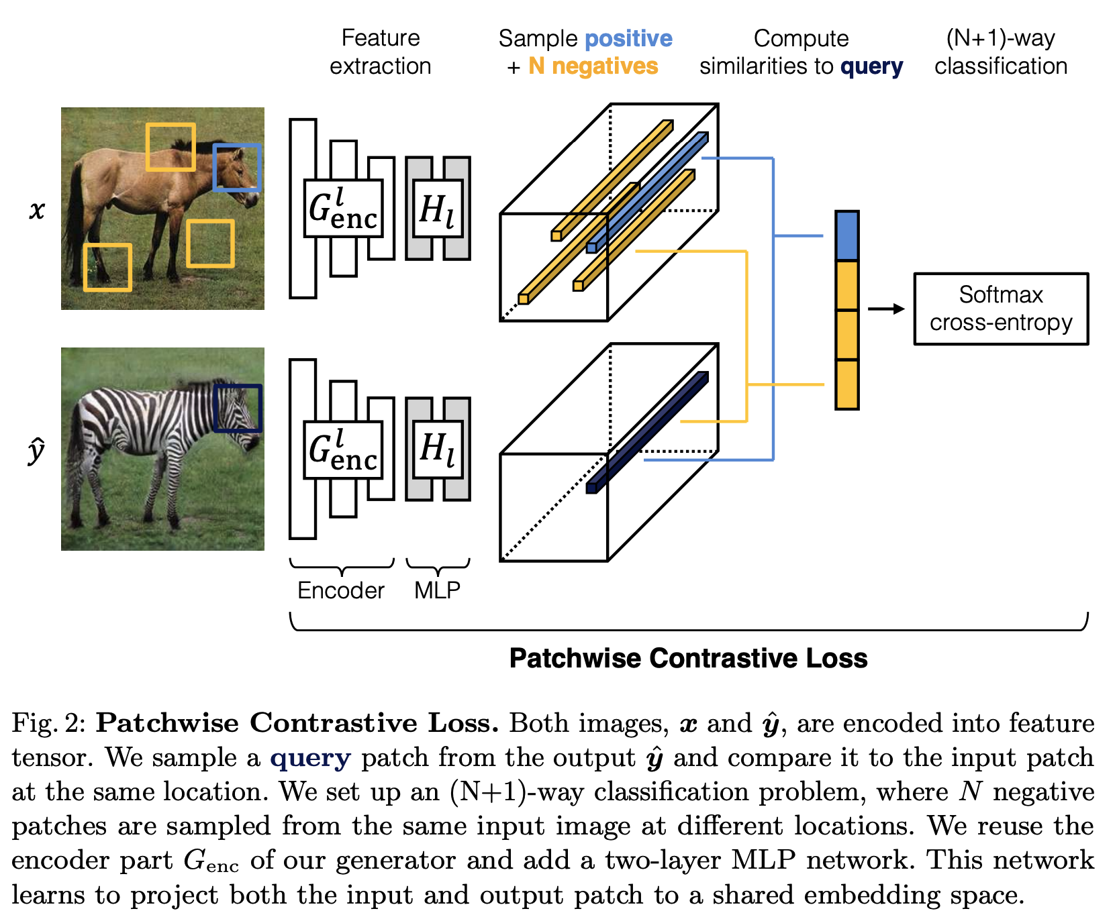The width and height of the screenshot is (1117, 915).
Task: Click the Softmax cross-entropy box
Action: (x=1000, y=309)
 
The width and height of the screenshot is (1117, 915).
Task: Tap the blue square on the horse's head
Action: (x=237, y=168)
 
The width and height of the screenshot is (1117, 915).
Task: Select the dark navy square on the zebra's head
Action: (x=237, y=408)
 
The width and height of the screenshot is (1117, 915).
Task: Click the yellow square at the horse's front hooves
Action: (x=107, y=268)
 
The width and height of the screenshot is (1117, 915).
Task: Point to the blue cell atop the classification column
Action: (x=846, y=235)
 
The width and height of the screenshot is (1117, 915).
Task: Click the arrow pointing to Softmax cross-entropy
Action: (x=886, y=309)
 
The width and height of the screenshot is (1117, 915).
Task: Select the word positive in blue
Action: (x=628, y=38)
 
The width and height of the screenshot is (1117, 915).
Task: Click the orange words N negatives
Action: (x=593, y=66)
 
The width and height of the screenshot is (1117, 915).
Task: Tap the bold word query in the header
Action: (x=871, y=66)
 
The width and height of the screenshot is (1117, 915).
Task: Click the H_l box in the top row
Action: (x=438, y=208)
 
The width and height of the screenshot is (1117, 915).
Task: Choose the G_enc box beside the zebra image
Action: (x=343, y=449)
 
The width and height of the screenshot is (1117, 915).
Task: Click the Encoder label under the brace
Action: (x=341, y=590)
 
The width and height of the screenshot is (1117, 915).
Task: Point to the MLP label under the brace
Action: (x=437, y=590)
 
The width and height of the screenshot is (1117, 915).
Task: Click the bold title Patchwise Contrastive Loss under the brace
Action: (x=688, y=658)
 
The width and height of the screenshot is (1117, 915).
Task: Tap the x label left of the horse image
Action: (x=37, y=210)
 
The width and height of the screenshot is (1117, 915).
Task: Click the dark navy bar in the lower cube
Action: (x=647, y=432)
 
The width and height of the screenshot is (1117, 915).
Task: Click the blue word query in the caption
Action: (x=310, y=758)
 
